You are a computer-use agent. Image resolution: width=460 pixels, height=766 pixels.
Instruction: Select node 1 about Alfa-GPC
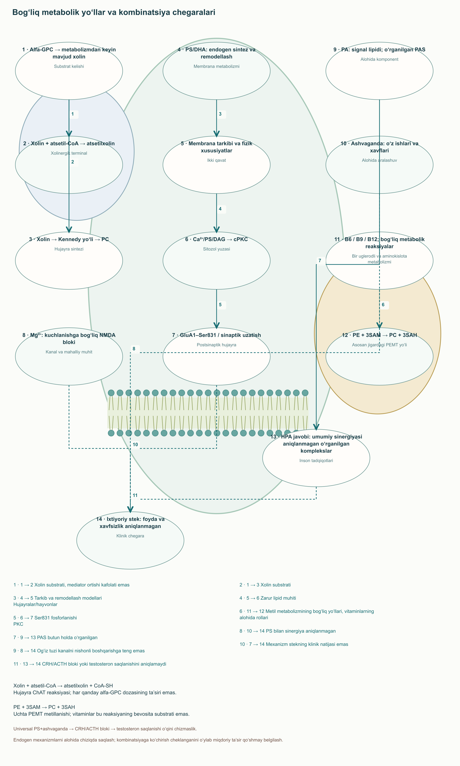(69, 71)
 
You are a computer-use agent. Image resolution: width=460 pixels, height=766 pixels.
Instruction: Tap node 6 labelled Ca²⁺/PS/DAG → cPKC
(216, 261)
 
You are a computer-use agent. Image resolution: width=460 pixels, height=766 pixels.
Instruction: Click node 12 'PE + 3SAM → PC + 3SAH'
(379, 356)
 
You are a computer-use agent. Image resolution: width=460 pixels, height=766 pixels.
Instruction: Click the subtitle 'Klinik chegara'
(130, 536)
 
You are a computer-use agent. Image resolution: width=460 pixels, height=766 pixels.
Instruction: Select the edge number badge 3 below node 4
(220, 114)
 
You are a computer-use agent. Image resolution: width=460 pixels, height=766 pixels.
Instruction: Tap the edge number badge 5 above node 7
(220, 305)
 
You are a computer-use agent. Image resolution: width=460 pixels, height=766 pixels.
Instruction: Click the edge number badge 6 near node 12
(383, 305)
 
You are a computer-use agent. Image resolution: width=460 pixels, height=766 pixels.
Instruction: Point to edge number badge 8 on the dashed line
(134, 349)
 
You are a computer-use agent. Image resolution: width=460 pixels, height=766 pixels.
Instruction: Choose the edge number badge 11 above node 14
(135, 495)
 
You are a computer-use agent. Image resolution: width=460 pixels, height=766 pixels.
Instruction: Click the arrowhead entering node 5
(216, 134)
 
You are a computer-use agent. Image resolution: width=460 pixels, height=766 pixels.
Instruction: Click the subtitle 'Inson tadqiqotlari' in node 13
(316, 461)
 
